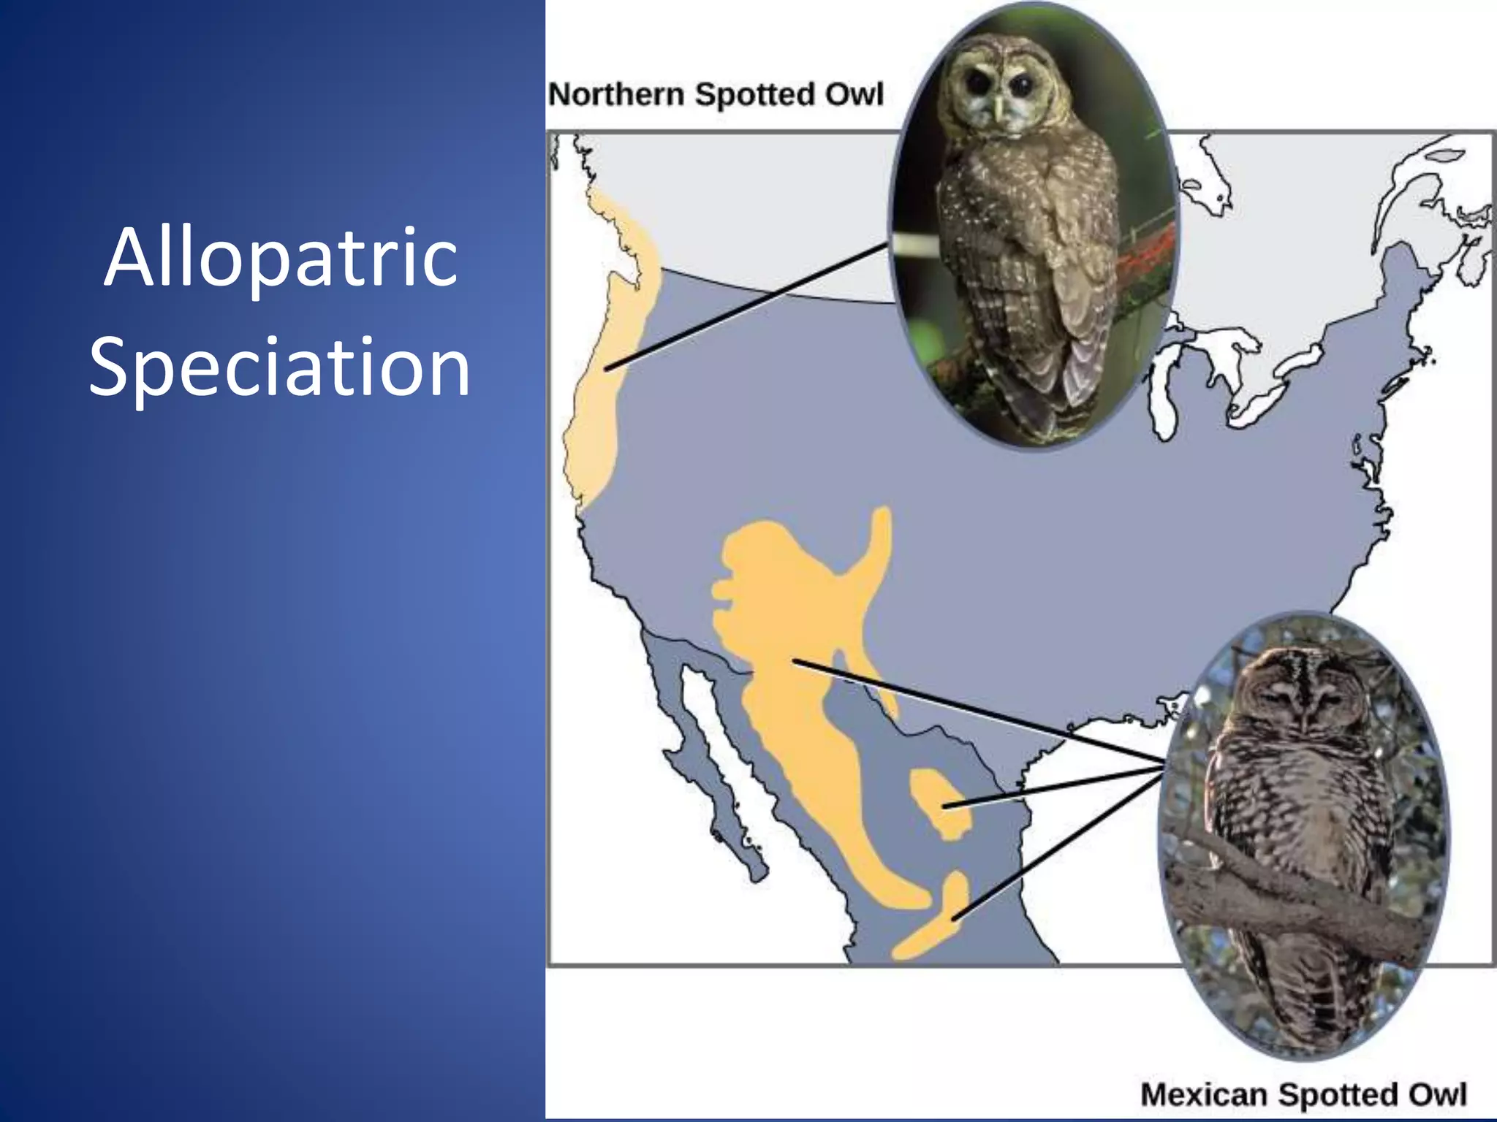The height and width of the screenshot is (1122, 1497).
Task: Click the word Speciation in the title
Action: [279, 367]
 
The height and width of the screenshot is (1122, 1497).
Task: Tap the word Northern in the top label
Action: [616, 95]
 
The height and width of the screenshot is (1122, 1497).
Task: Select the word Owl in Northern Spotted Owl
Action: [854, 95]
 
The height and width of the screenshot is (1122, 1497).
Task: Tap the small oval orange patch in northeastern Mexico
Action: [938, 804]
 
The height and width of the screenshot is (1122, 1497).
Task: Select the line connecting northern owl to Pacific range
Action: [746, 307]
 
